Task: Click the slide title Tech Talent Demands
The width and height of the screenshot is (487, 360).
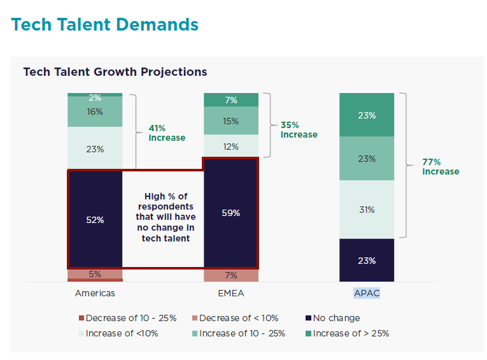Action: (x=105, y=25)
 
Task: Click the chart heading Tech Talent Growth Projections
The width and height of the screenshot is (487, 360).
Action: (x=115, y=71)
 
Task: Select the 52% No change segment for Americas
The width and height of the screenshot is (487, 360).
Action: (x=95, y=219)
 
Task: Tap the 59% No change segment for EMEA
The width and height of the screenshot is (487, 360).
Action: (x=231, y=213)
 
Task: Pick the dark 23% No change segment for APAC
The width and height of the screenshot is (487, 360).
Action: (x=367, y=260)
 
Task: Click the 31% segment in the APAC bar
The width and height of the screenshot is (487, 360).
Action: (x=367, y=210)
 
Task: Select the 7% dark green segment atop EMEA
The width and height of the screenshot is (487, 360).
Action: (x=231, y=100)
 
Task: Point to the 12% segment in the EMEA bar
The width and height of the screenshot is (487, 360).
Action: (x=231, y=147)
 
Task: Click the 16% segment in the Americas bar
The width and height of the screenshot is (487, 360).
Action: (x=95, y=112)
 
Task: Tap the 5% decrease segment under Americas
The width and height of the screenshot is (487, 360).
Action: (x=95, y=274)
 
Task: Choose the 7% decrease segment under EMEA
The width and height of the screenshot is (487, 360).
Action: (x=231, y=275)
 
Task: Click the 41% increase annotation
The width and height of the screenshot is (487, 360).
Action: (x=167, y=133)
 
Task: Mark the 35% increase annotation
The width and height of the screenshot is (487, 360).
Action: (x=299, y=129)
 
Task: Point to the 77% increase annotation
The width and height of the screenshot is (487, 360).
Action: (x=440, y=166)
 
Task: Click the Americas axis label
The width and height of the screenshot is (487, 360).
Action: (x=95, y=293)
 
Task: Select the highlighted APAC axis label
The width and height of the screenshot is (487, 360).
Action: (x=367, y=293)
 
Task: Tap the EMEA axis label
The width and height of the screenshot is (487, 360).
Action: (x=231, y=293)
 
